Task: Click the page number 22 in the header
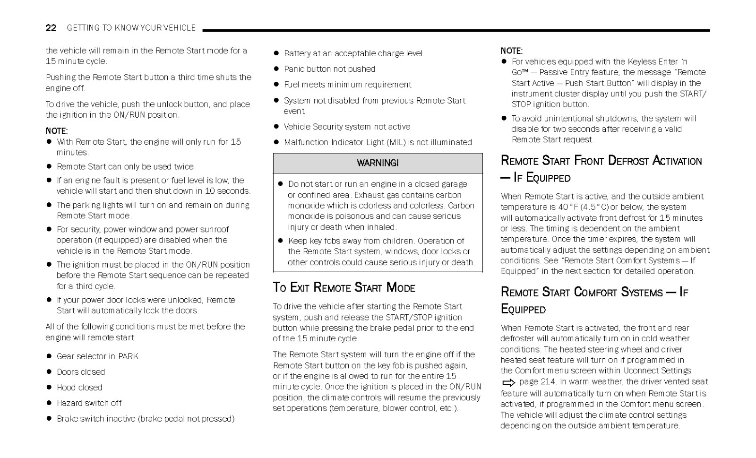[x=51, y=28]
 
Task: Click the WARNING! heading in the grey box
[x=378, y=163]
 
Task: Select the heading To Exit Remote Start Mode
[x=344, y=287]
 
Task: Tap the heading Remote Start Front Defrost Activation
[x=601, y=161]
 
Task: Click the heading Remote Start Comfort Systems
[x=594, y=293]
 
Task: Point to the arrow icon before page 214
[x=508, y=382]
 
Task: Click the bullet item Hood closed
[x=79, y=388]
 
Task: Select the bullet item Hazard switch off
[x=89, y=403]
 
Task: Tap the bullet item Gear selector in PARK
[x=97, y=356]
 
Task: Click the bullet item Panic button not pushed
[x=329, y=69]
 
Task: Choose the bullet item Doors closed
[x=80, y=372]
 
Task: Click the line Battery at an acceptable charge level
[x=353, y=53]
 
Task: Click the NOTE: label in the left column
[x=57, y=131]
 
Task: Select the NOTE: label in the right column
[x=512, y=51]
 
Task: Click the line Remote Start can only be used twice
[x=126, y=166]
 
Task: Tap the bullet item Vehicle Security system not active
[x=347, y=127]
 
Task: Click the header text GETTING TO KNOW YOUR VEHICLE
[x=131, y=28]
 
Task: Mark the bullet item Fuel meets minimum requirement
[x=347, y=85]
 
